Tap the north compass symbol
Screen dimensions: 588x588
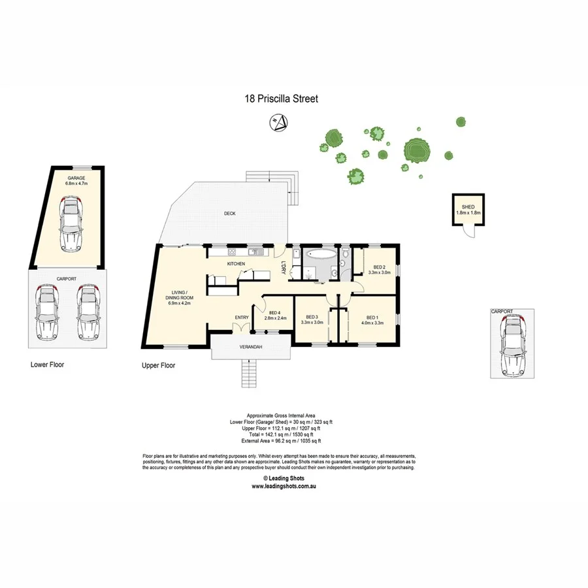[x=279, y=122]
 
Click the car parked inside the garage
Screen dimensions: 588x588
[x=71, y=224]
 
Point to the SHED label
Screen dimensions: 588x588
[x=468, y=208]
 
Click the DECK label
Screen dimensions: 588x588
[x=229, y=214]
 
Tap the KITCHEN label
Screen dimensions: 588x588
[x=236, y=263]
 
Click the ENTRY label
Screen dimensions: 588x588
[x=242, y=318]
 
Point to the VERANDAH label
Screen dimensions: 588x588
[x=251, y=347]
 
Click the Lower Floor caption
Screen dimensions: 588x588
[x=47, y=364]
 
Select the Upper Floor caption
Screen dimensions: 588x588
[x=159, y=366]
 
